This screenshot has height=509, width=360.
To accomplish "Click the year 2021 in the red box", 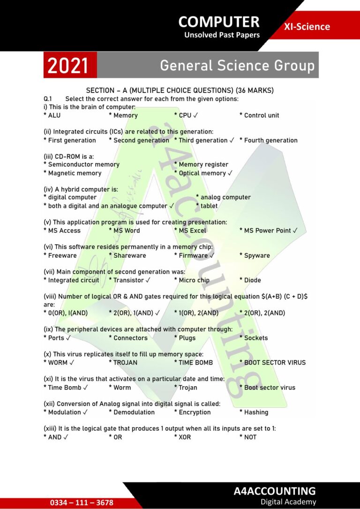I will point(68,66).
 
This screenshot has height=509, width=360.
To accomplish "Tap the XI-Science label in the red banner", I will point(307,27).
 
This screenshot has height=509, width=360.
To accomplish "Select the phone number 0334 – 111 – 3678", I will point(82,502).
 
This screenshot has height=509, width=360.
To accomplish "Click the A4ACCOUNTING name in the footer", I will point(275,491).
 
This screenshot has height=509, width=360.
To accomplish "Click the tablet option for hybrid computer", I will point(209,206).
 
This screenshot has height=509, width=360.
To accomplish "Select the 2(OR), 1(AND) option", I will point(134,313).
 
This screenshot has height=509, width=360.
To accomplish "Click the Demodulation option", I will point(134,412).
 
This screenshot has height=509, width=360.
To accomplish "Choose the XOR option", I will point(184,437).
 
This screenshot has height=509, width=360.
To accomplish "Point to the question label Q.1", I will point(47,99).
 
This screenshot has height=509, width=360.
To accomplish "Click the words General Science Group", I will point(237,66).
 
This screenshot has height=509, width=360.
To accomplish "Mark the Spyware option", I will point(256,255).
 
